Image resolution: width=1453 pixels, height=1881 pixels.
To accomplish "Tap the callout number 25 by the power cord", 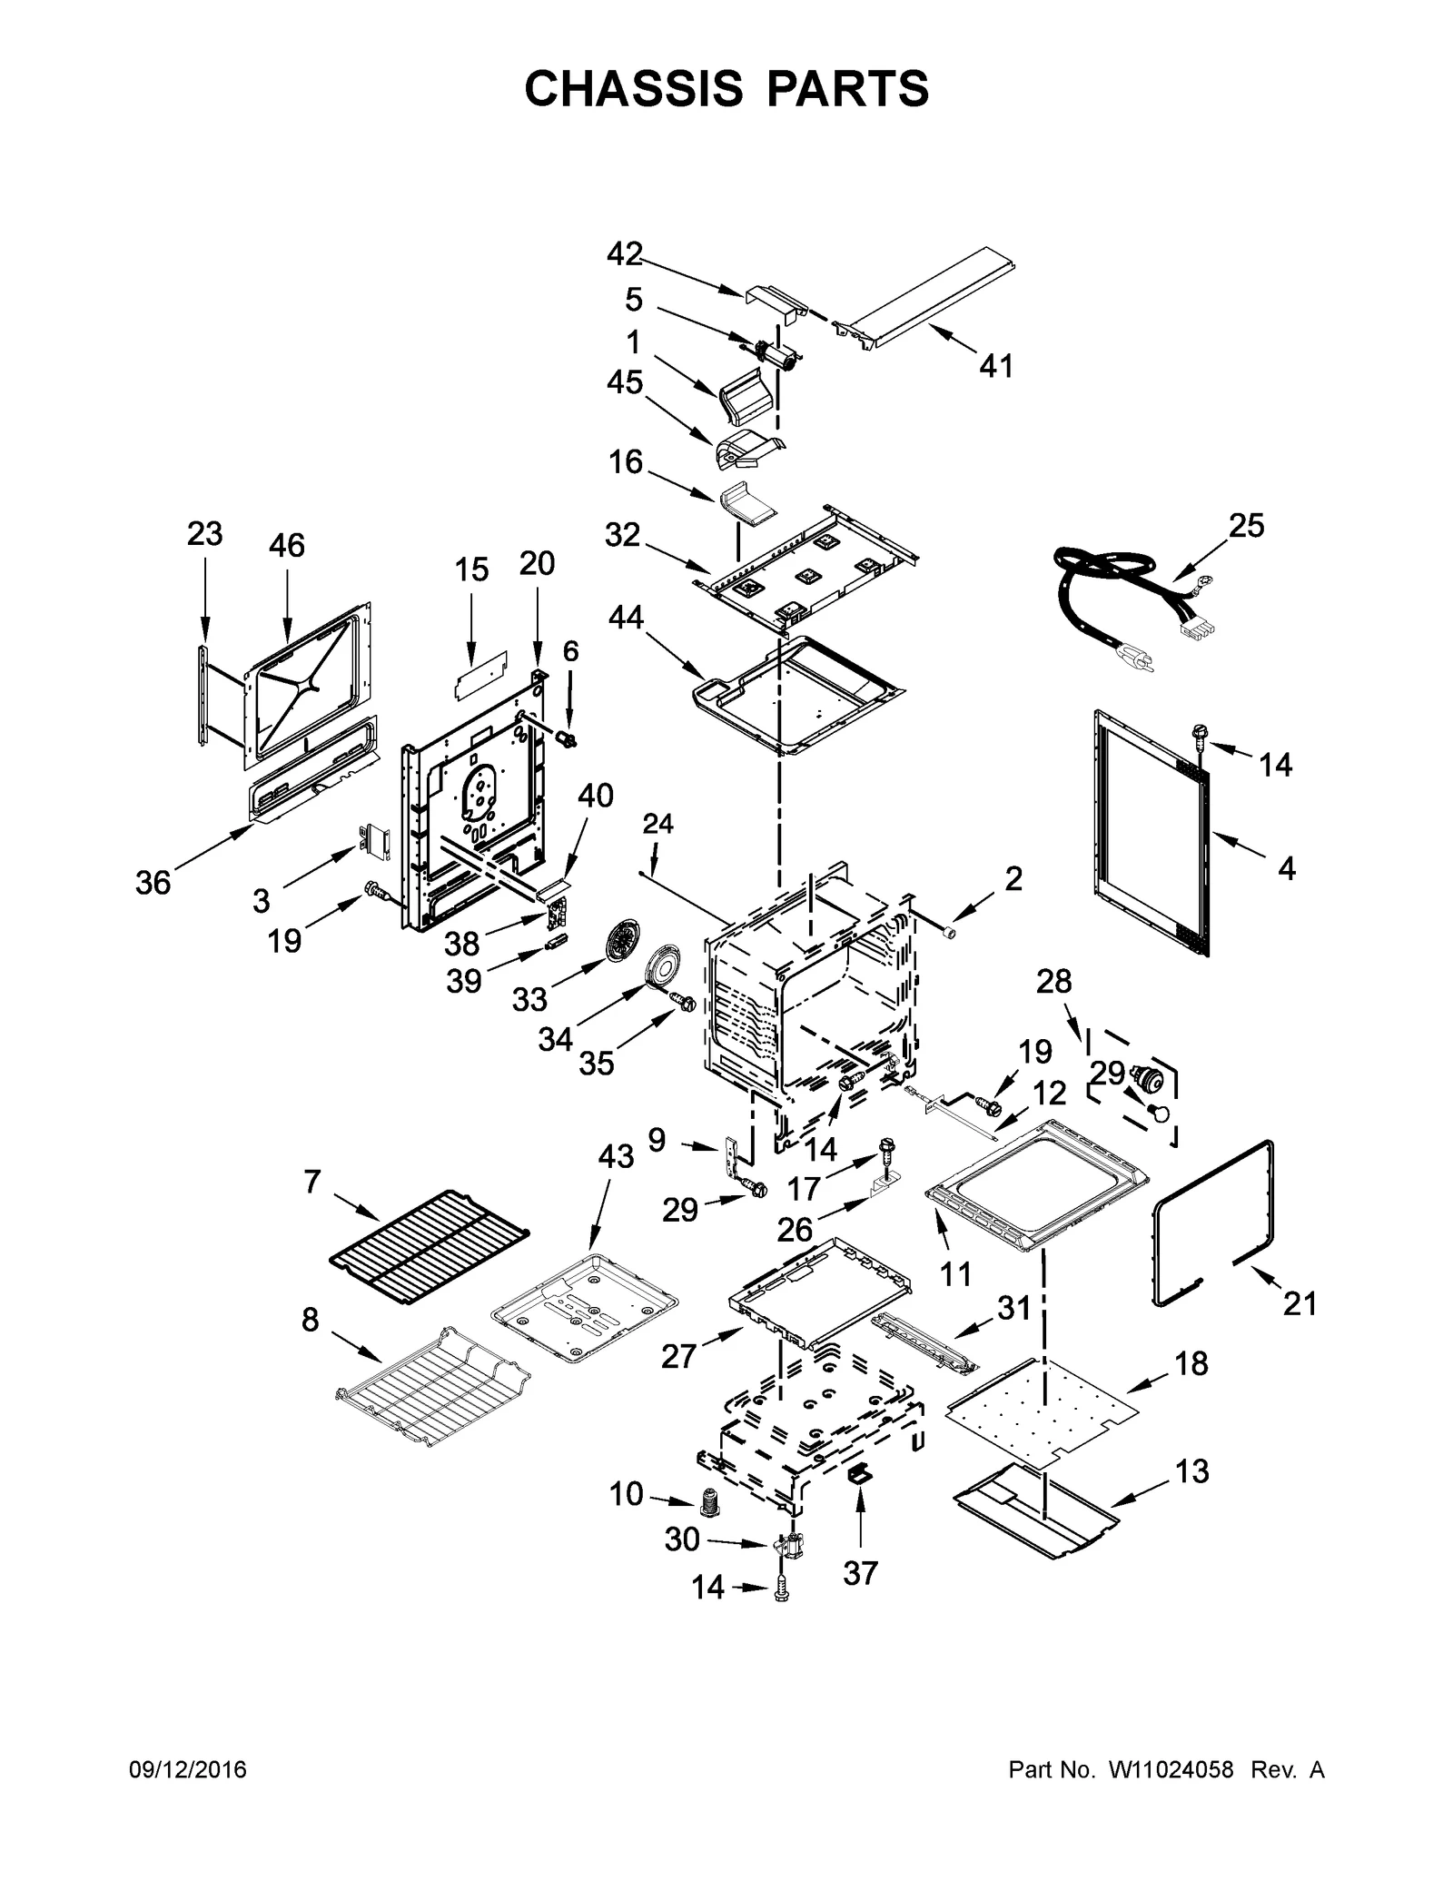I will pyautogui.click(x=1246, y=525).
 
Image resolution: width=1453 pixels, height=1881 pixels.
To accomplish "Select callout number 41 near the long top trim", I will pyautogui.click(x=996, y=366).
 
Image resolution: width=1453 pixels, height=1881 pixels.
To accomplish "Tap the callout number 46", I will pyautogui.click(x=286, y=545).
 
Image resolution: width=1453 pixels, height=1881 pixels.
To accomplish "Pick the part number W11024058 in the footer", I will pyautogui.click(x=1171, y=1769).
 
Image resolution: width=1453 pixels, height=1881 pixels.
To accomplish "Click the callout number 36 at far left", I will pyautogui.click(x=153, y=881).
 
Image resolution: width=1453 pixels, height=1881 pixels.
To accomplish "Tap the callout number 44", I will pyautogui.click(x=626, y=618).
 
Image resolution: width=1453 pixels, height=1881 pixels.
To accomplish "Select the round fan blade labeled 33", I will pyautogui.click(x=621, y=945).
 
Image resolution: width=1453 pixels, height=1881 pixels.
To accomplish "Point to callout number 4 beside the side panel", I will pyautogui.click(x=1286, y=868).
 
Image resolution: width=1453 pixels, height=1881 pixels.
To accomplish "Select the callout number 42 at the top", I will pyautogui.click(x=625, y=253).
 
